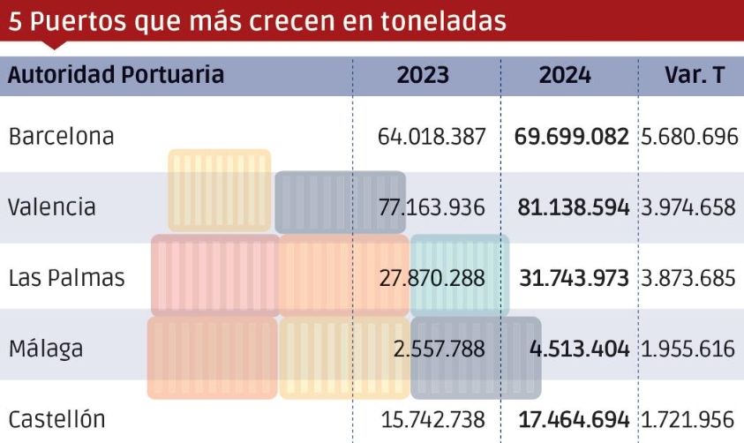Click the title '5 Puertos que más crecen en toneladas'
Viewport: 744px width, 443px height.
coord(258,21)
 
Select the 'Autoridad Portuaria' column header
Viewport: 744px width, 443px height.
coord(116,75)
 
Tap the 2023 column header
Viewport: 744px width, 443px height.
coord(423,75)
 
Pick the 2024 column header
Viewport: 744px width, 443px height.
coord(565,75)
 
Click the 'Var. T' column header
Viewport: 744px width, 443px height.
coord(694,75)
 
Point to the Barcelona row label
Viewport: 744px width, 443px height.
coord(61,137)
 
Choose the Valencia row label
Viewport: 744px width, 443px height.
coord(52,207)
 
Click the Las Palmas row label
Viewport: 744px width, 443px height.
coord(66,278)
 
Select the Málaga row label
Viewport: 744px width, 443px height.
coord(46,348)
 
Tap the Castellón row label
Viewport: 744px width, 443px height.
coord(56,418)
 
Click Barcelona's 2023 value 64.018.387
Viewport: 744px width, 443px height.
coord(431,137)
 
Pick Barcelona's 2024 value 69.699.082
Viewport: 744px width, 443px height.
coord(571,137)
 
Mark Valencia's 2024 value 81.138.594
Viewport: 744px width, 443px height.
coord(571,207)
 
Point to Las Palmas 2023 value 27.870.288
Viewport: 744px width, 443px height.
coord(431,278)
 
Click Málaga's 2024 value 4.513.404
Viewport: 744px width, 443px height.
coord(579,348)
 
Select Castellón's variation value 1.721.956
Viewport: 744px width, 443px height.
coord(688,418)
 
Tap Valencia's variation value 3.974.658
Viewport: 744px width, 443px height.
coord(688,207)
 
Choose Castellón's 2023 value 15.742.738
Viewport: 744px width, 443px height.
coord(431,418)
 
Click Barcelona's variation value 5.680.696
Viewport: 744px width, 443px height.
coord(688,137)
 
